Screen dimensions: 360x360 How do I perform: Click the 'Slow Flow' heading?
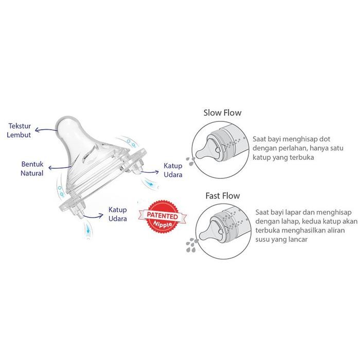(222, 113)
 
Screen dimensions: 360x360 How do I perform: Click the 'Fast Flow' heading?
(222, 196)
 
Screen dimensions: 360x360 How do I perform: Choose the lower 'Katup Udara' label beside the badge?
(117, 214)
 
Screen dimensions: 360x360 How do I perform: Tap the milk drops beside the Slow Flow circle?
(190, 159)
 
